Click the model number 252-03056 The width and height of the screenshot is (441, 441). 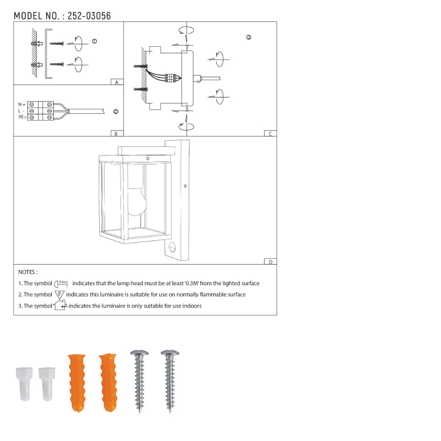[89, 16]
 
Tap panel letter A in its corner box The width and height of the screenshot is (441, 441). [116, 82]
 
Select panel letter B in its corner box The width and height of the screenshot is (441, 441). [116, 134]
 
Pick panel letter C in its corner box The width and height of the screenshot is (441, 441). [270, 134]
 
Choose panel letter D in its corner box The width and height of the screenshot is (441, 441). [270, 262]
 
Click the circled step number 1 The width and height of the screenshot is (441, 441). [94, 41]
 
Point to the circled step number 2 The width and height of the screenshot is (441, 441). [116, 112]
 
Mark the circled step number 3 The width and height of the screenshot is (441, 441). [249, 37]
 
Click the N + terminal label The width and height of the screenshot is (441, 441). [22, 105]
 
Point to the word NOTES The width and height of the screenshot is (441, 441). [28, 272]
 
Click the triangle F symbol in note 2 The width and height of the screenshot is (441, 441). [60, 294]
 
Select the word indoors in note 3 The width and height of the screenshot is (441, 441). [191, 306]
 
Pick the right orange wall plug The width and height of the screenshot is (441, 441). [108, 381]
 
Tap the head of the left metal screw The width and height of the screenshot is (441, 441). [139, 353]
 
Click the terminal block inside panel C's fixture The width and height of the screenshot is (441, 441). [171, 78]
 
